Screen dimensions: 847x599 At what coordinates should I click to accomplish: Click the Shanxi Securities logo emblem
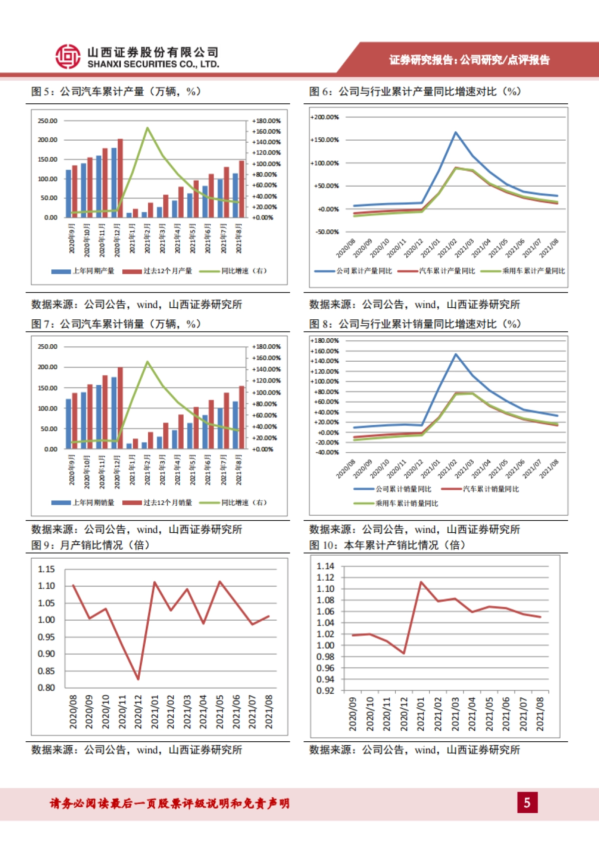pyautogui.click(x=67, y=56)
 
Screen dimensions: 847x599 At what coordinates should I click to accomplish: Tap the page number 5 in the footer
pyautogui.click(x=527, y=803)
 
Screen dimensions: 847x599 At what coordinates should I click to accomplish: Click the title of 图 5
pyautogui.click(x=116, y=91)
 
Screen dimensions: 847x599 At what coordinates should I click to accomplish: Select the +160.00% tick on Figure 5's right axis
pyautogui.click(x=266, y=132)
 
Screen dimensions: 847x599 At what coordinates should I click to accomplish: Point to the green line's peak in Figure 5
pyautogui.click(x=147, y=128)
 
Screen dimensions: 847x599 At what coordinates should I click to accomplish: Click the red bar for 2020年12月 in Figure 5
pyautogui.click(x=120, y=178)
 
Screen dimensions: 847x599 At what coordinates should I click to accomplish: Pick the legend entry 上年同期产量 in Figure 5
pyautogui.click(x=83, y=271)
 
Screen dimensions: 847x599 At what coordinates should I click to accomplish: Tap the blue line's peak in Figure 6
pyautogui.click(x=456, y=132)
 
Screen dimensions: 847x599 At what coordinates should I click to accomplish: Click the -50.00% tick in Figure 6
pyautogui.click(x=327, y=232)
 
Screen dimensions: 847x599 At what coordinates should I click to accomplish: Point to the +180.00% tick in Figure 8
pyautogui.click(x=324, y=341)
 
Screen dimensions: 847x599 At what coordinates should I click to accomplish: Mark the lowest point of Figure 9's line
pyautogui.click(x=138, y=679)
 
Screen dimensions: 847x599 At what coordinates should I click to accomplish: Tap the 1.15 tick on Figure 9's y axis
pyautogui.click(x=46, y=569)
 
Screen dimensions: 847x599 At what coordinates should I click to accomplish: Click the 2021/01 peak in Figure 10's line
pyautogui.click(x=421, y=582)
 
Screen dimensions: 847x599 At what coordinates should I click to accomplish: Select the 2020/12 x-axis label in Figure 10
pyautogui.click(x=404, y=714)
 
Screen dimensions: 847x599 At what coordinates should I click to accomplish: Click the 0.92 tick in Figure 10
pyautogui.click(x=325, y=691)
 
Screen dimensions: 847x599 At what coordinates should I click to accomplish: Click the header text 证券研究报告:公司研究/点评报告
pyautogui.click(x=469, y=60)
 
